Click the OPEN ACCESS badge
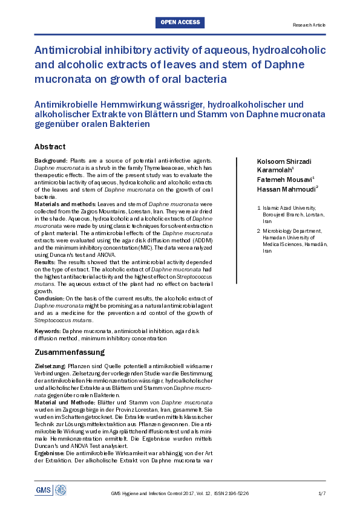pos(180,23)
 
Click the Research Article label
pos(309,25)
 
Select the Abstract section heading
pos(50,147)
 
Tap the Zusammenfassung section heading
pos(70,352)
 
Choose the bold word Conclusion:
pos(48,298)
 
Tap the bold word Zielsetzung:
pos(50,367)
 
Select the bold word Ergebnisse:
pos(50,452)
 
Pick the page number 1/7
pos(322,494)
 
